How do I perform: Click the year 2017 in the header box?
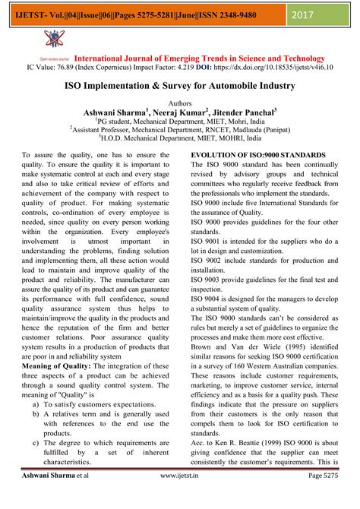327,14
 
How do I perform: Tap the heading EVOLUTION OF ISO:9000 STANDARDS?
258,155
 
